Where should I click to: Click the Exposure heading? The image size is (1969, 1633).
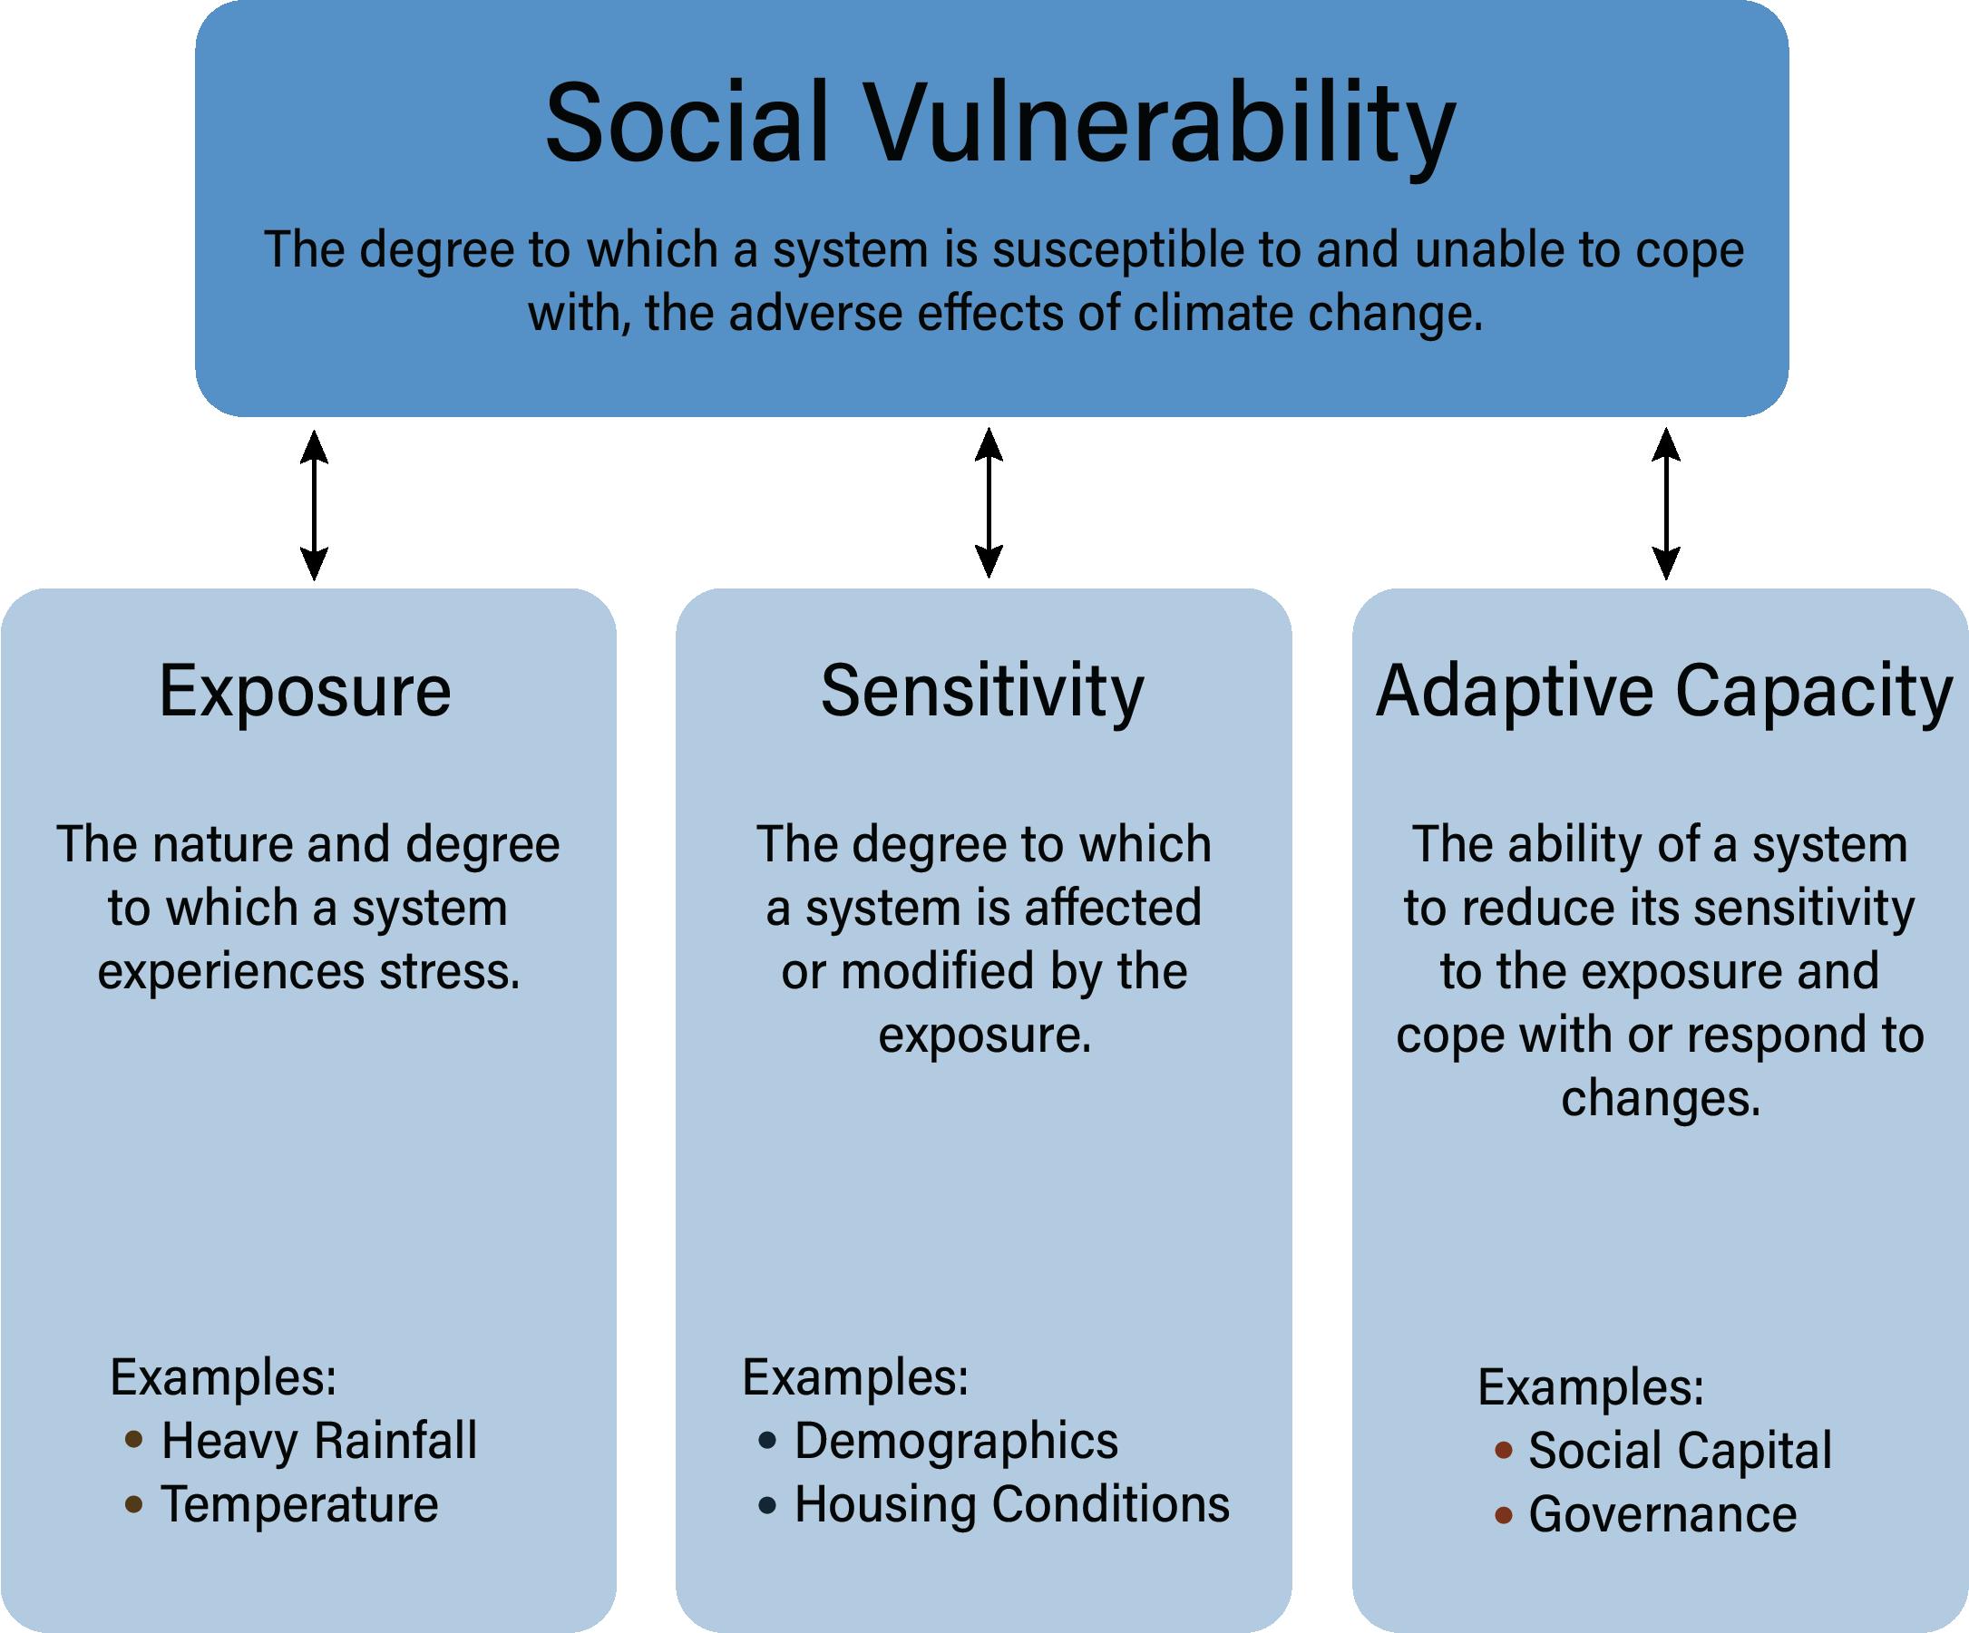point(306,692)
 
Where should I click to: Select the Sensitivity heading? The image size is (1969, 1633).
point(982,692)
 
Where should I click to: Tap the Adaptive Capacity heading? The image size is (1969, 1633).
point(1664,692)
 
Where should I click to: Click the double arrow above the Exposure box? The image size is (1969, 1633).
point(314,505)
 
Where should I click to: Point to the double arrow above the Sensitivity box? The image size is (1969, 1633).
point(989,503)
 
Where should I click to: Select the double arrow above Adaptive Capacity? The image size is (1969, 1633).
point(1665,503)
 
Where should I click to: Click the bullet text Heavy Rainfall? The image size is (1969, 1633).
point(318,1440)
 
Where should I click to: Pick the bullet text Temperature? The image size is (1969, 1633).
point(299,1504)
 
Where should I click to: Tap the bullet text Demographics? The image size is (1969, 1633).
point(956,1440)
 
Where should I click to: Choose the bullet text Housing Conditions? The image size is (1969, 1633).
point(1011,1504)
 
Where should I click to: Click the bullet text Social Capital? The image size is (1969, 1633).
point(1681,1450)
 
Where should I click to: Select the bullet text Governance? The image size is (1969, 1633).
point(1662,1514)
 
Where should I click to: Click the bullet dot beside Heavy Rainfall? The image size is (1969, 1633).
point(134,1440)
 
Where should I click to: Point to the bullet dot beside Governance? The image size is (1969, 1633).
point(1503,1515)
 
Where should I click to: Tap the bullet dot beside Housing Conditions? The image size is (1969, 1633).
point(768,1505)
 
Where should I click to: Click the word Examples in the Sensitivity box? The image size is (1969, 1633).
point(854,1377)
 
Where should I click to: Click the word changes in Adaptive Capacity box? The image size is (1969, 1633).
point(1661,1098)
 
